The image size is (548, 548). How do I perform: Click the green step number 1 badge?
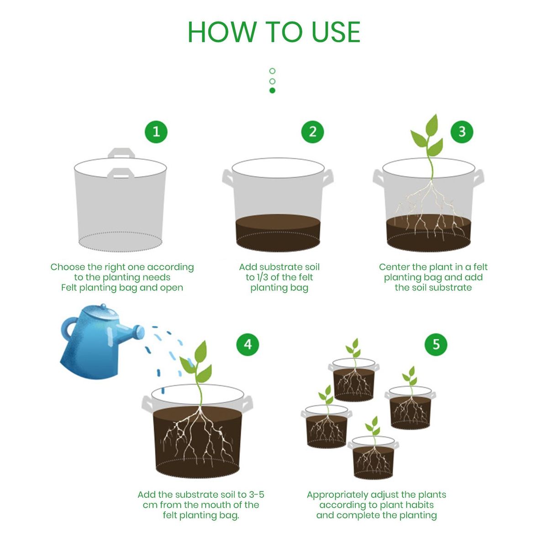[x=156, y=132]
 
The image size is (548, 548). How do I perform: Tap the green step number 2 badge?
[x=312, y=132]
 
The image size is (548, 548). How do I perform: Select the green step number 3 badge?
[x=462, y=132]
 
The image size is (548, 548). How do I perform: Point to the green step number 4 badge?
[x=248, y=344]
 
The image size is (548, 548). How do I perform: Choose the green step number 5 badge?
[x=436, y=344]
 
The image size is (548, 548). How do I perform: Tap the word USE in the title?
[x=336, y=32]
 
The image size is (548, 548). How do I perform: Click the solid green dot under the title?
[x=272, y=90]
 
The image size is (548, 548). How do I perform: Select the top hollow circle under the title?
[x=272, y=71]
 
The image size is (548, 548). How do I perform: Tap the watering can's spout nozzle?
[x=140, y=333]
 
